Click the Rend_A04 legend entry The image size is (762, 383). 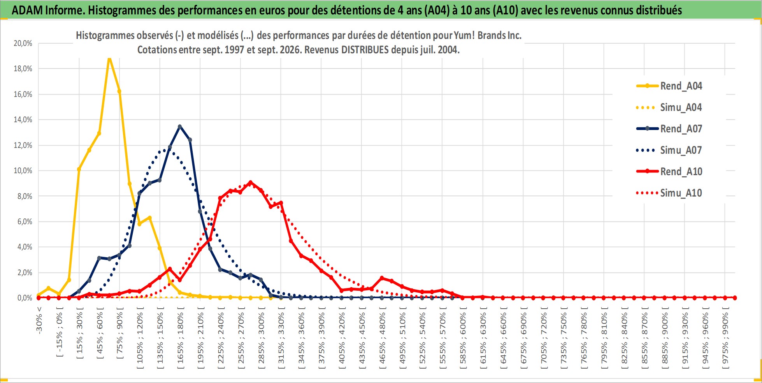click(x=669, y=86)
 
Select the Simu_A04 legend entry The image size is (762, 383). click(x=669, y=107)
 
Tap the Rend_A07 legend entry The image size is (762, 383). click(x=669, y=129)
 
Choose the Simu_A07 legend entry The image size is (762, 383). click(x=669, y=150)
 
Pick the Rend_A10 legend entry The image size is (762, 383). click(x=669, y=172)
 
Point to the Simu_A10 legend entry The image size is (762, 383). click(x=669, y=193)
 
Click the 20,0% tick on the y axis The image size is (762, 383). click(x=23, y=43)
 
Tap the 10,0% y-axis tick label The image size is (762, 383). click(x=23, y=170)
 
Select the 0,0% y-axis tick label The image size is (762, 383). click(x=25, y=298)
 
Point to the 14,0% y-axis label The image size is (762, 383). click(x=23, y=119)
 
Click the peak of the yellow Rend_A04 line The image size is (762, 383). click(x=109, y=58)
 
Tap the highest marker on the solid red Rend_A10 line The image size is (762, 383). click(x=250, y=182)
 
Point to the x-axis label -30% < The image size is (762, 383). click(x=39, y=320)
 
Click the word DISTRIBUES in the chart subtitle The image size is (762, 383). click(x=365, y=50)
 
